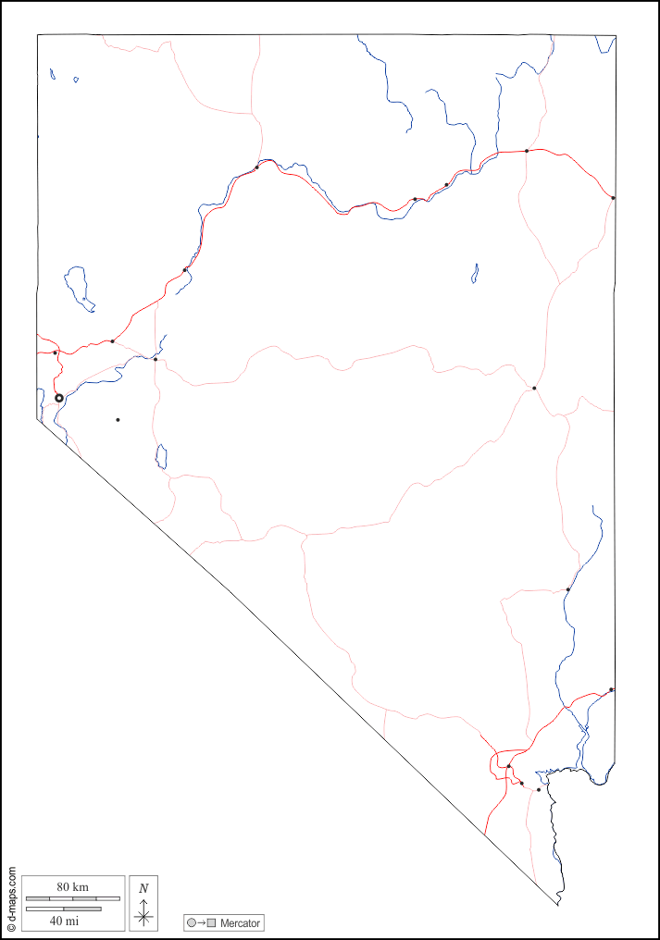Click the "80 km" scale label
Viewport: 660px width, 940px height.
tap(72, 887)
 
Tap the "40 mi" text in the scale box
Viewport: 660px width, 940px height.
tap(64, 921)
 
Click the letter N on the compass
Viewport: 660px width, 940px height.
tap(143, 888)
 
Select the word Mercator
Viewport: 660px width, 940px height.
tap(241, 923)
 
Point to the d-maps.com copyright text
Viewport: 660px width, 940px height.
tap(11, 898)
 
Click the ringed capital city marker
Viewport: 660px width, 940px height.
tap(59, 398)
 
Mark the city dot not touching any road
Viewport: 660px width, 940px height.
tap(118, 420)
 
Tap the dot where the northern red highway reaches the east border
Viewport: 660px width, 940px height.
tap(613, 197)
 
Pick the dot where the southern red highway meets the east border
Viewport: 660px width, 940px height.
tap(612, 689)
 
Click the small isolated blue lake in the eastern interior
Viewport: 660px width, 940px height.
tap(475, 273)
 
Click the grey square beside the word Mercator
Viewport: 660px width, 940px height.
tap(212, 923)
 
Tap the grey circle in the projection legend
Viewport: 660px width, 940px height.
tap(192, 923)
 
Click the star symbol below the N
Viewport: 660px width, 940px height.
tap(143, 917)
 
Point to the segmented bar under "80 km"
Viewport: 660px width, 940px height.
tap(73, 898)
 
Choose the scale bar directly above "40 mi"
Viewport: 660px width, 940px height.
tap(64, 909)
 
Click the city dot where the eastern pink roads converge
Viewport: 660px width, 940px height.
tap(534, 388)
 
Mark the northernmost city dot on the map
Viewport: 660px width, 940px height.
tap(527, 151)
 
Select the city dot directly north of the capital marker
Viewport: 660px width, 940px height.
tap(55, 352)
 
